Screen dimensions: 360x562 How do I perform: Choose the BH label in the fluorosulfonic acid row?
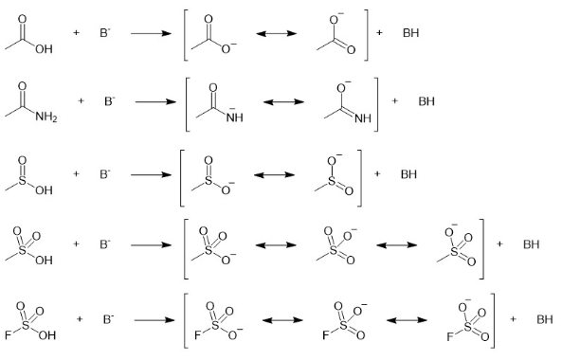544,318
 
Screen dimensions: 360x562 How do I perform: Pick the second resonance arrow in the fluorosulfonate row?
404,318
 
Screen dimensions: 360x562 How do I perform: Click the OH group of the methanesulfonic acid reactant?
43,257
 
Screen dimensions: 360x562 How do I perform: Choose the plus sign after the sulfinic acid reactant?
76,173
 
